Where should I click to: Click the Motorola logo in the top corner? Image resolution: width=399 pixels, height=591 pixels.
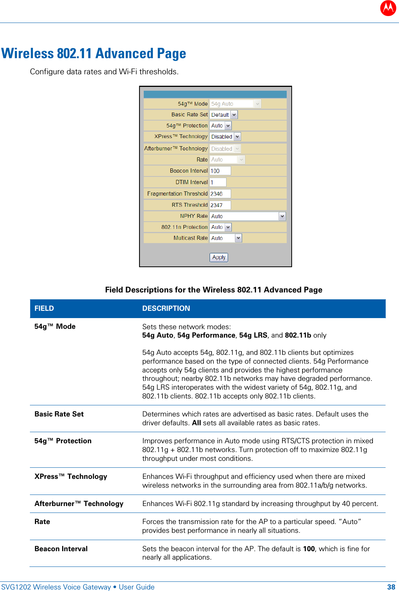(x=388, y=8)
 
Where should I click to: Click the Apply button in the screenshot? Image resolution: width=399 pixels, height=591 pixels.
(x=218, y=257)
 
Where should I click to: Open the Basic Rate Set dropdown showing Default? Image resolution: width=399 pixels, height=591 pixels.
(x=223, y=115)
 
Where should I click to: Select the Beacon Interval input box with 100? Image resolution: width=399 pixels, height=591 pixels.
(x=220, y=171)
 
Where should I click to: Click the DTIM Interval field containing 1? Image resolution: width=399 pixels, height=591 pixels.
(x=218, y=182)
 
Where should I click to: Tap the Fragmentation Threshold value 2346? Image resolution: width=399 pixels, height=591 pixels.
(x=220, y=194)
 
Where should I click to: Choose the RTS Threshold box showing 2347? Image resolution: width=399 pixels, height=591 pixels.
(x=220, y=205)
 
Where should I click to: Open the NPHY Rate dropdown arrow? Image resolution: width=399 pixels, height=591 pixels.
(x=282, y=216)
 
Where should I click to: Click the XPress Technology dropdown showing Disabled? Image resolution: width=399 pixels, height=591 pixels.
(x=225, y=137)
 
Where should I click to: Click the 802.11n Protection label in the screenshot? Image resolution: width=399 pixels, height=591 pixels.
(x=184, y=227)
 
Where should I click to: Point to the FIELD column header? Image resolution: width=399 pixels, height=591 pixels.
(x=44, y=309)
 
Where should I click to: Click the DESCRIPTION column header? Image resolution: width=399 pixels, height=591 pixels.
(x=166, y=309)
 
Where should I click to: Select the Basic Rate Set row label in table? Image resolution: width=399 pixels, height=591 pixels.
(x=59, y=414)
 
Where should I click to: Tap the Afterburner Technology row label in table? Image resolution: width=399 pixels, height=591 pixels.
(x=79, y=504)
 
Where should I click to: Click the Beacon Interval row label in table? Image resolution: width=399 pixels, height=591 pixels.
(x=61, y=549)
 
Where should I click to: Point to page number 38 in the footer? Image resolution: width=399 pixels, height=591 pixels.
(x=391, y=587)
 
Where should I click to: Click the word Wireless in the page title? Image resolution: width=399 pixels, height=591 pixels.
(x=28, y=54)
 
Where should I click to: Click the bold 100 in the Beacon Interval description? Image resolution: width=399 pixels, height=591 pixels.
(x=309, y=549)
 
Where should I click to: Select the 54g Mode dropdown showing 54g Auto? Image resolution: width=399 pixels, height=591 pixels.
(x=235, y=104)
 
